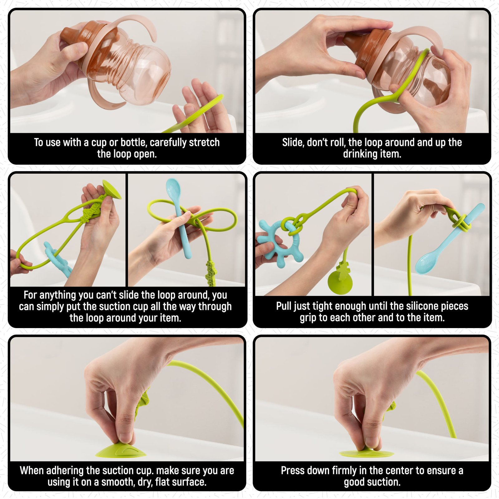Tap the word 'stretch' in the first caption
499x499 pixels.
tap(204, 143)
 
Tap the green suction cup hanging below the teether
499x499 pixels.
tap(340, 283)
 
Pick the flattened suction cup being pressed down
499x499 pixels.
tap(366, 453)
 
